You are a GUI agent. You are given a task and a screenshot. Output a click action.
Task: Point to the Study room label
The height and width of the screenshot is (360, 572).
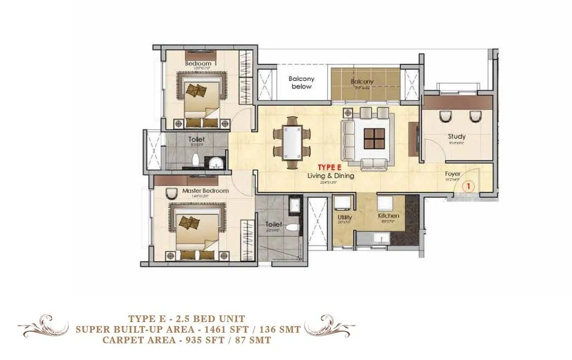pyautogui.click(x=456, y=137)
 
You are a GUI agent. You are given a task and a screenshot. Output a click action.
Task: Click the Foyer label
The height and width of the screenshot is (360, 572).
pyautogui.click(x=453, y=174)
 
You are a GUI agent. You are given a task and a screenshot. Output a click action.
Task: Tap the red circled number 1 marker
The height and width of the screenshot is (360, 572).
pyautogui.click(x=469, y=186)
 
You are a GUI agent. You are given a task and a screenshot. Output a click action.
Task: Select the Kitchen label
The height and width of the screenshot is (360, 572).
pyautogui.click(x=389, y=216)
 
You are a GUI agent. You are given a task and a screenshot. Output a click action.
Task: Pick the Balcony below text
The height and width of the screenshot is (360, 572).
pyautogui.click(x=301, y=83)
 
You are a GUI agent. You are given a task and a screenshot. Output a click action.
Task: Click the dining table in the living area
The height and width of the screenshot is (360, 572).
pyautogui.click(x=291, y=142)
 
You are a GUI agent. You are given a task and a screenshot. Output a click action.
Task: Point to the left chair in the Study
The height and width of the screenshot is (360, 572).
pyautogui.click(x=444, y=117)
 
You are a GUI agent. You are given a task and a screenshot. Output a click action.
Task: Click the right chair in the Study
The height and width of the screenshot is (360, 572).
pyautogui.click(x=475, y=117)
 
